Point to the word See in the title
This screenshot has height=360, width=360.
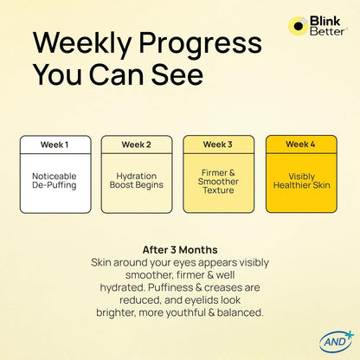pos(177,74)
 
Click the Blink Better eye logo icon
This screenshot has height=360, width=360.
pos(298,26)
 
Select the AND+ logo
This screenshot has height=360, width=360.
pos(337,342)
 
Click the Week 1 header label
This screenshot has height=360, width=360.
pos(55,145)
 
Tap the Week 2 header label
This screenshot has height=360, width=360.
pos(136,145)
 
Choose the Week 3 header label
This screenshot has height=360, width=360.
pos(218,145)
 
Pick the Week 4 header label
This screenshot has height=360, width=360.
pos(300,144)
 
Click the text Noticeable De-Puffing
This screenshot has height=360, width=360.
pos(55,181)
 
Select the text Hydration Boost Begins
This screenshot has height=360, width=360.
pos(137,181)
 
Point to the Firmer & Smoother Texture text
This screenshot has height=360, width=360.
pos(218,182)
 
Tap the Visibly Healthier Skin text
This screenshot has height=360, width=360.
pos(302,181)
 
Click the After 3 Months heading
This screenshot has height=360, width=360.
pos(180,250)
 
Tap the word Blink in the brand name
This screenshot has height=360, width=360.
pos(325,21)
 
